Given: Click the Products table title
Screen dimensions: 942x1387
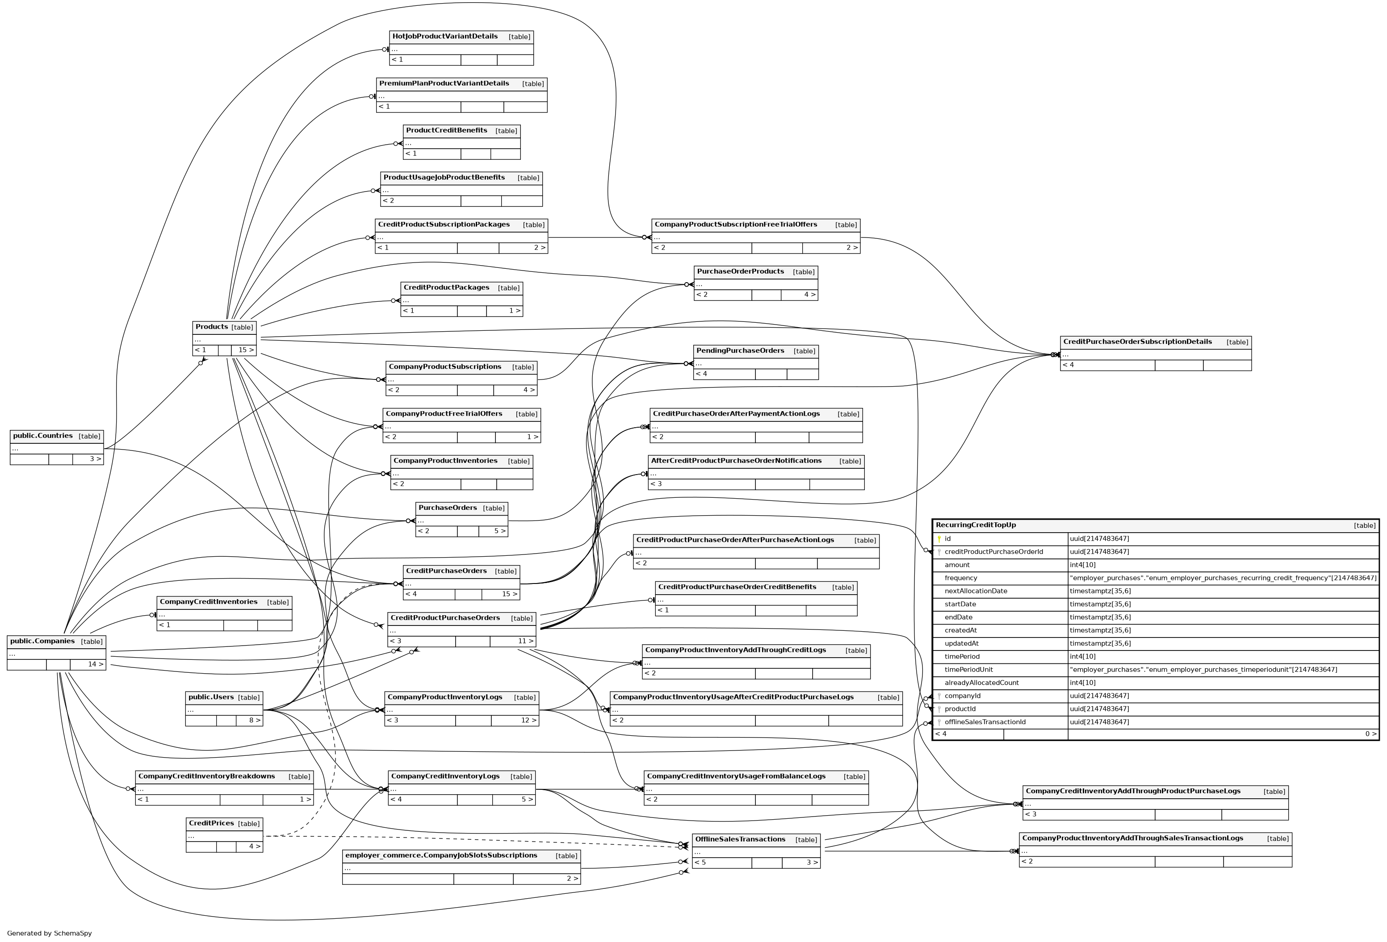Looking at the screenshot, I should tap(212, 327).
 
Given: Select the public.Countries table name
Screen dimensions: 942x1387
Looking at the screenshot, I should tap(43, 436).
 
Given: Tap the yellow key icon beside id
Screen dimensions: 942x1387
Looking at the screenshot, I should tap(939, 539).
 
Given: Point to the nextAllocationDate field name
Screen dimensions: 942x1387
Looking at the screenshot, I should tap(976, 591).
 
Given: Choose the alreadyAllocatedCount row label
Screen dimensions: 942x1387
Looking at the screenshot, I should tap(982, 683).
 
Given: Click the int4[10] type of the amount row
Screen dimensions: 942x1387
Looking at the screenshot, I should tap(1083, 565).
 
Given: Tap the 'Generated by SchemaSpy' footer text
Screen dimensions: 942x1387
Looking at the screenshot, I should tap(50, 934).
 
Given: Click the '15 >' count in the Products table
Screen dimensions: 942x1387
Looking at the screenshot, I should tap(246, 350).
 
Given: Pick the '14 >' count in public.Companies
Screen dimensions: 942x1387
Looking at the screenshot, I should tap(96, 665).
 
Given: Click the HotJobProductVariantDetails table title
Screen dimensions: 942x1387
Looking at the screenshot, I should tap(444, 37).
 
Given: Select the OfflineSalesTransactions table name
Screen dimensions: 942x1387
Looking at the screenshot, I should tap(740, 840).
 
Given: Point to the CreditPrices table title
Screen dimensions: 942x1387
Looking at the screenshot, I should tap(211, 824).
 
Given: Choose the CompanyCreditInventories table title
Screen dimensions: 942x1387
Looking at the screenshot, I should tap(208, 602).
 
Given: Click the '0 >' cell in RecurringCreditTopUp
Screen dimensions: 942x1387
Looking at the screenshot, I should tap(1370, 734).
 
